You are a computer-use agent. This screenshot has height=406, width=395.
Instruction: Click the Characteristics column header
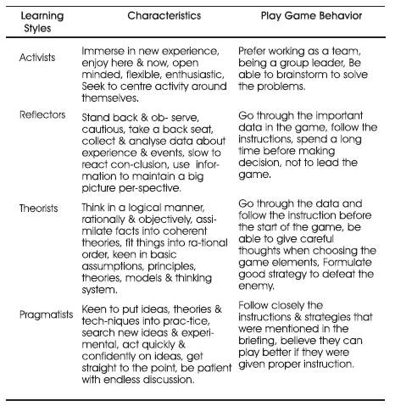(x=152, y=15)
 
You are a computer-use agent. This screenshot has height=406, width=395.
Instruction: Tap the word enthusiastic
(x=170, y=73)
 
